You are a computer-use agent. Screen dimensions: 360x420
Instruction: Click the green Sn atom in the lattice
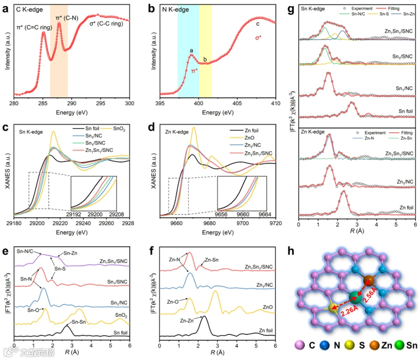click(355, 298)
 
